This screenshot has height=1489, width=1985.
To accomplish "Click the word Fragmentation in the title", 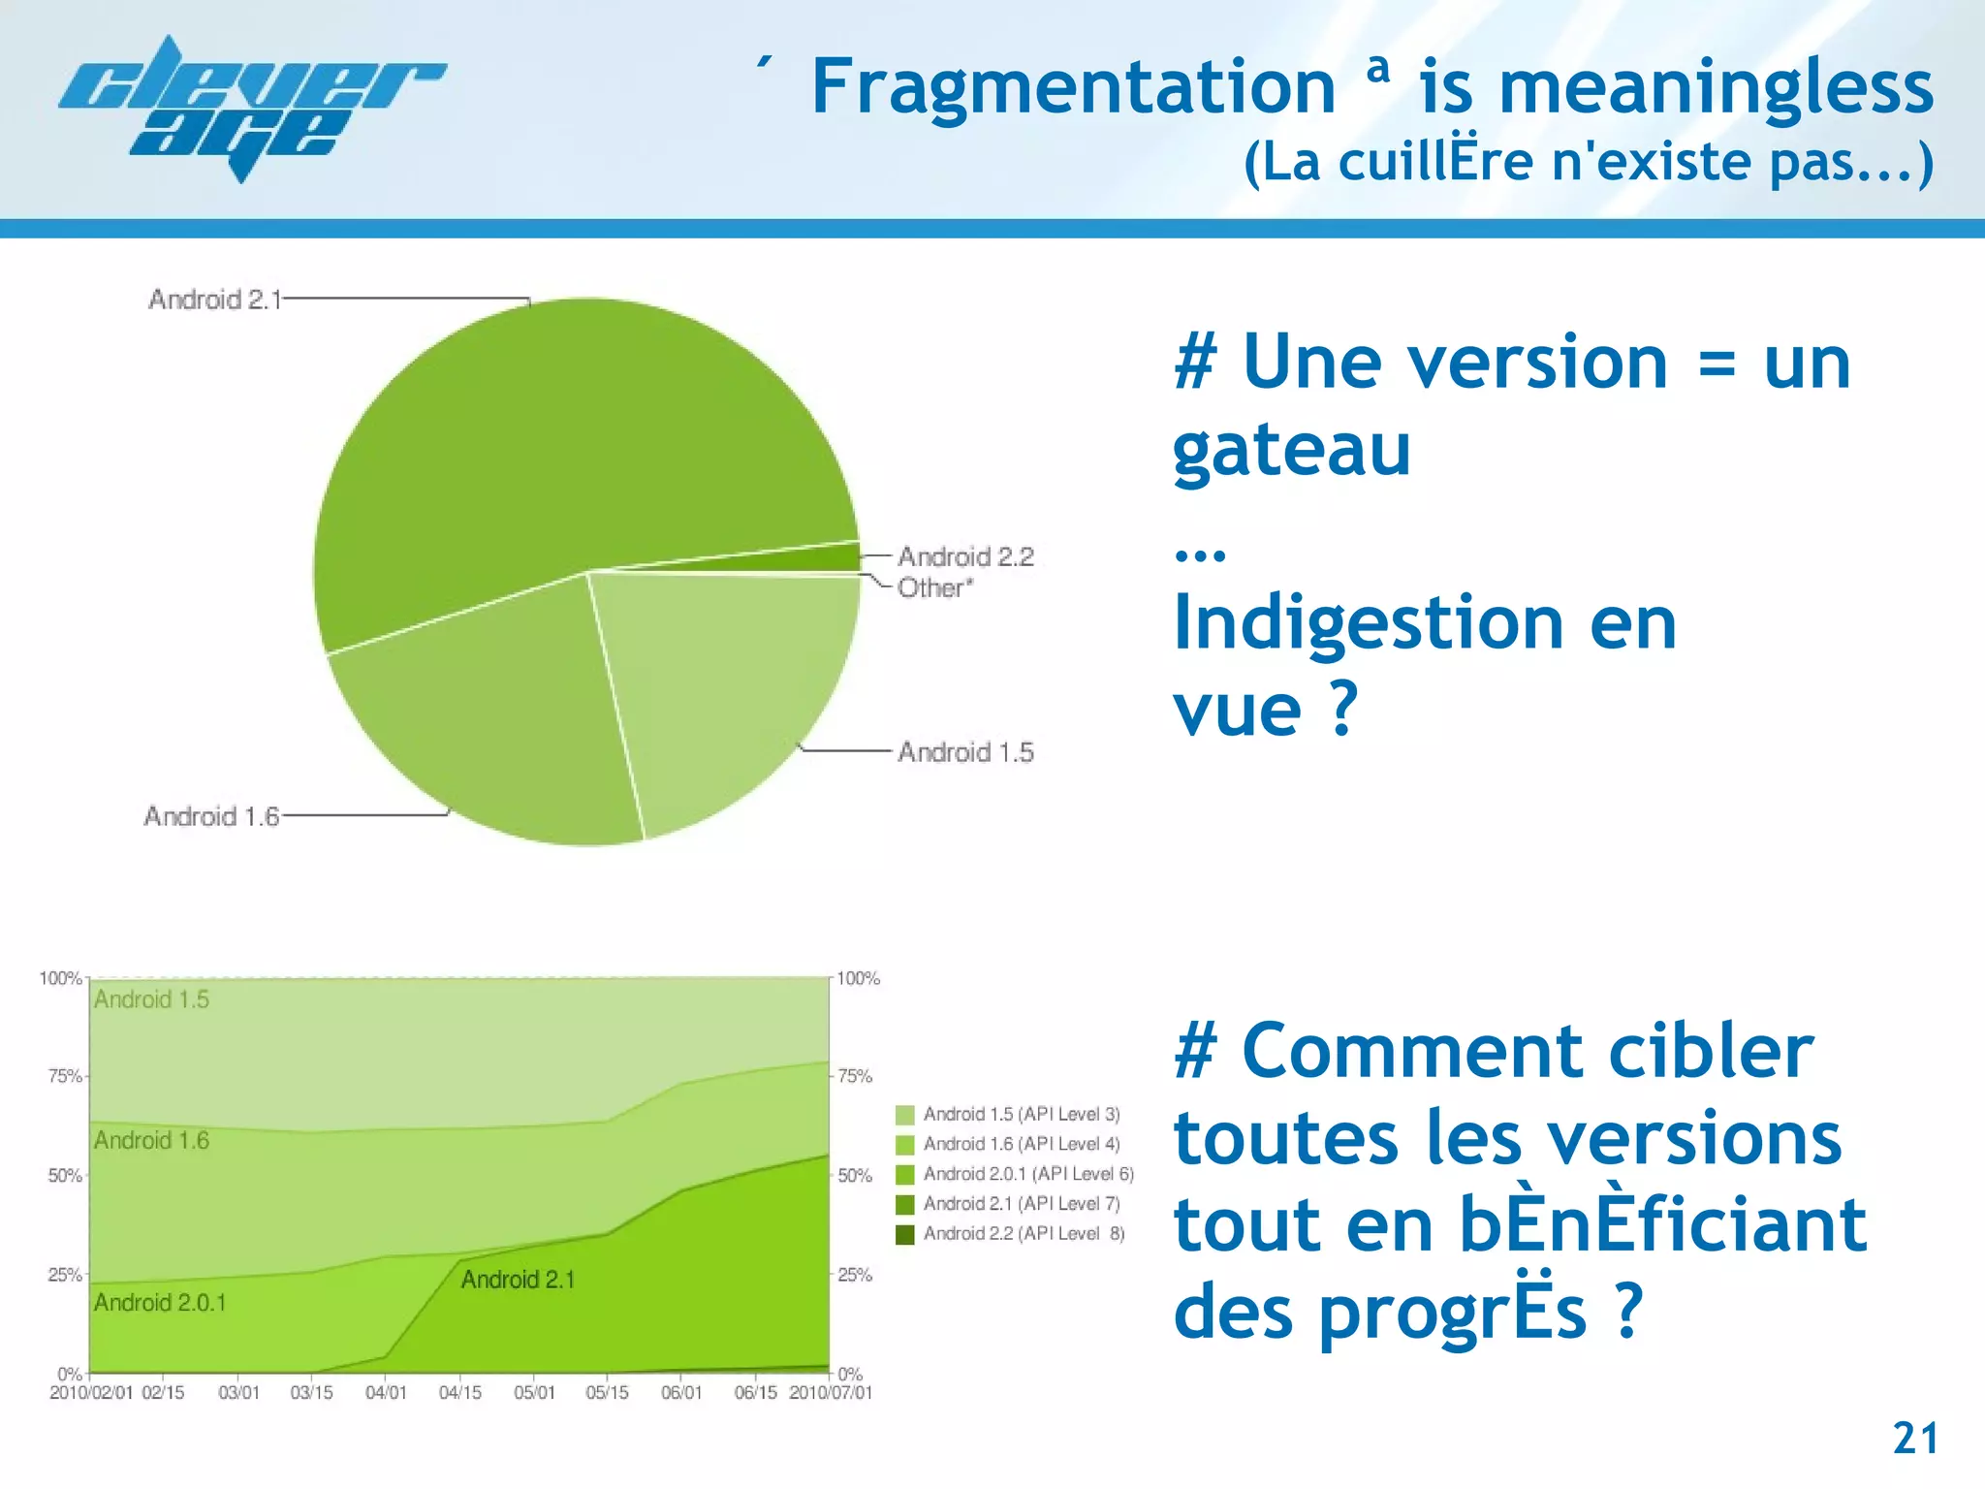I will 1073,87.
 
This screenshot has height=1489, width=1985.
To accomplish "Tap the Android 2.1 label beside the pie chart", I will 214,300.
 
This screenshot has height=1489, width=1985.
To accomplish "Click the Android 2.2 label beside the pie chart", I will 965,556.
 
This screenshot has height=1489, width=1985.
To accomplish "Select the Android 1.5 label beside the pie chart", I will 965,752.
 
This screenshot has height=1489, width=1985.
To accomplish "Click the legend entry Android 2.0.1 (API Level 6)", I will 1027,1174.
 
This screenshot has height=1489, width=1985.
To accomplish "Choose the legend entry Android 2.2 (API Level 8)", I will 1024,1234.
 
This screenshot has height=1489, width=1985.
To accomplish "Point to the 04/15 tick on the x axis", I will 459,1393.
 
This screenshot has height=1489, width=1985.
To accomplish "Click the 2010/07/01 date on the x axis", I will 831,1393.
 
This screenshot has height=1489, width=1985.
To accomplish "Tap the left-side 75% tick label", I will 65,1076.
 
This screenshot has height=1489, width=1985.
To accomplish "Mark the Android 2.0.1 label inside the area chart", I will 160,1303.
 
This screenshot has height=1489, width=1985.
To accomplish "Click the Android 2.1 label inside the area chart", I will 518,1280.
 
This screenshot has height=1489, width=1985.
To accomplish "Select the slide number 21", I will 1915,1439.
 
